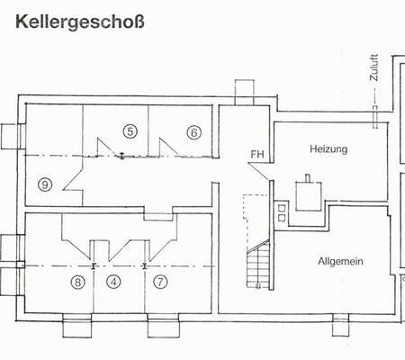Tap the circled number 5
(130, 131)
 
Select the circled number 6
(193, 131)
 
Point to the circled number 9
(45, 184)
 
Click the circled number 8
(78, 282)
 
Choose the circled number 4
(113, 282)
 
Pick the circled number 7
(161, 282)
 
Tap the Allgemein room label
(339, 261)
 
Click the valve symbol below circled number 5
(121, 157)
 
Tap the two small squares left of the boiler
(281, 212)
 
